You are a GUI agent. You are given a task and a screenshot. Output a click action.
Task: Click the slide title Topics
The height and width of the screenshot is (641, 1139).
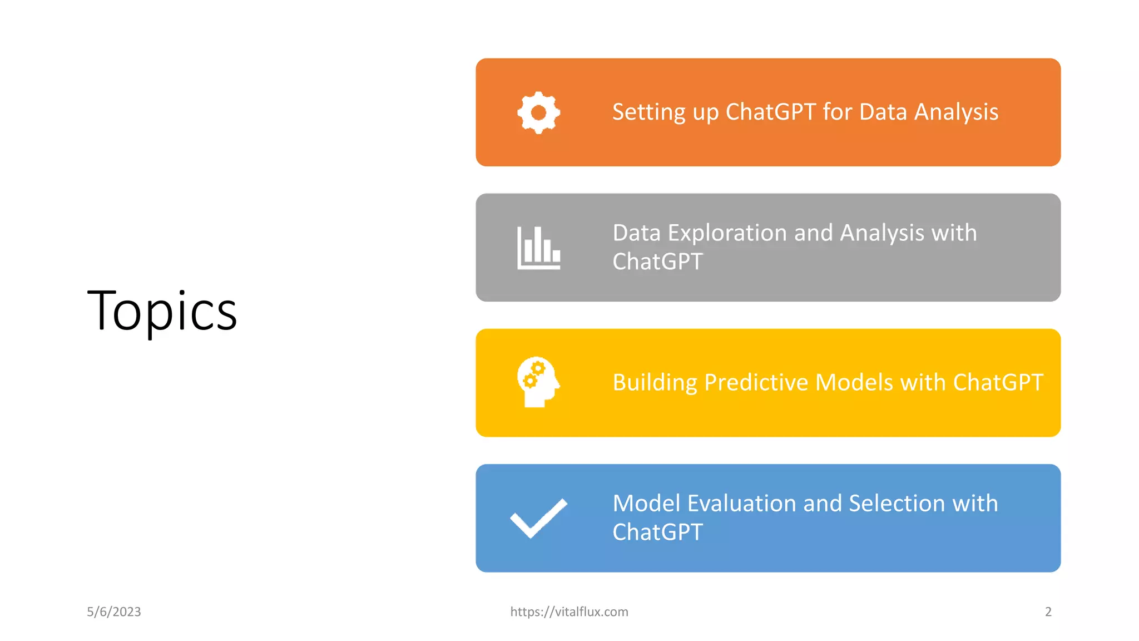pos(162,311)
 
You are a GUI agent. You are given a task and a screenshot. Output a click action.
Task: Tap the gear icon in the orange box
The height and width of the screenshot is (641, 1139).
pos(538,112)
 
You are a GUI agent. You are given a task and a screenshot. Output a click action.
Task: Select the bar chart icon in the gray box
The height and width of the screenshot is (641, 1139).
pos(538,248)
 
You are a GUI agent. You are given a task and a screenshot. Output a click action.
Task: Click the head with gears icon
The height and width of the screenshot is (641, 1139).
pos(537,382)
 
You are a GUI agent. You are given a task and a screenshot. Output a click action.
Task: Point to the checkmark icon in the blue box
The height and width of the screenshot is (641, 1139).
pos(538,518)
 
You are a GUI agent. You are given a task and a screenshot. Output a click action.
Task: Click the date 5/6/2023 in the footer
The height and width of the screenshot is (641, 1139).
pos(114,612)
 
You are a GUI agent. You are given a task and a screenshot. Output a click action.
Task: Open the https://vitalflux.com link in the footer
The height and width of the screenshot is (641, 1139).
pos(569,612)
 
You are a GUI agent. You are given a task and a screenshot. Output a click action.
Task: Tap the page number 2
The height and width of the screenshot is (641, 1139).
pos(1048,612)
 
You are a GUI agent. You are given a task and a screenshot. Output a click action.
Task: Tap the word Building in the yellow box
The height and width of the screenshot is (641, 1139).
pos(655,383)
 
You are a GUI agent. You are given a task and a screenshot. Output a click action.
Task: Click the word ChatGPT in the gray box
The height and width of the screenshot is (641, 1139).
pos(657,262)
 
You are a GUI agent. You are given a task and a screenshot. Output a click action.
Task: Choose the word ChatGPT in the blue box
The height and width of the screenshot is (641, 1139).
pos(657,532)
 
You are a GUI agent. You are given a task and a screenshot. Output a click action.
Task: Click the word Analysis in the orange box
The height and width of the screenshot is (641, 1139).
pos(956,112)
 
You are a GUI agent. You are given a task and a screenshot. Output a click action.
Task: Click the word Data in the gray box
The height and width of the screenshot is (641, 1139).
pos(636,233)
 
